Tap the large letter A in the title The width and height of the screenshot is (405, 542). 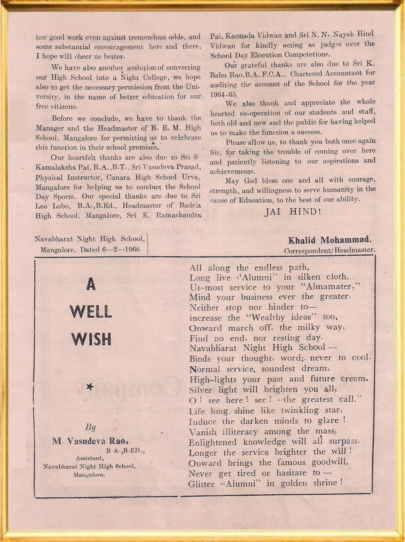[x=91, y=285]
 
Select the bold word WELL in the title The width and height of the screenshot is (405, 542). [x=91, y=312]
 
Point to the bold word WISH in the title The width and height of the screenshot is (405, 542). [x=91, y=339]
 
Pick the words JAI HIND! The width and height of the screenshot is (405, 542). [x=292, y=212]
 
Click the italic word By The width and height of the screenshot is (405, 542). [x=90, y=427]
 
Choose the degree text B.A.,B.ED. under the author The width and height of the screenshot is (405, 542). [x=125, y=451]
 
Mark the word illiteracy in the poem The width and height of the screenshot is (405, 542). [x=240, y=432]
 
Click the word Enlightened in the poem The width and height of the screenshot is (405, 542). [x=212, y=443]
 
